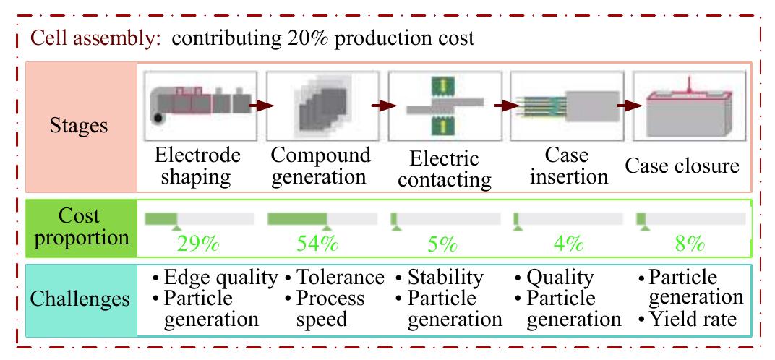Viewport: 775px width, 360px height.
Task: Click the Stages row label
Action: click(78, 127)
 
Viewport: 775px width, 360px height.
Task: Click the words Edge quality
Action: click(221, 278)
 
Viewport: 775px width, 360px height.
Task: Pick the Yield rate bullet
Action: click(693, 318)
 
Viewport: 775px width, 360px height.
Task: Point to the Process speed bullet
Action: click(333, 309)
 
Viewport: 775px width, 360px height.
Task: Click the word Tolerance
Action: click(341, 278)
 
